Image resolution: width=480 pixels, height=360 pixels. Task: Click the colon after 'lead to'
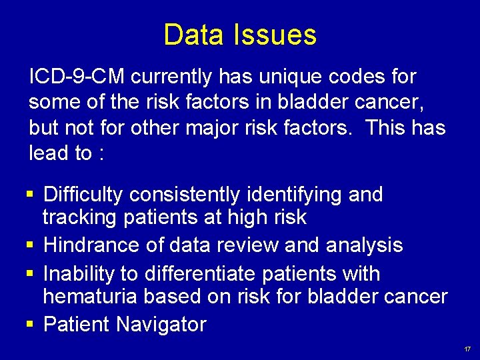[101, 154]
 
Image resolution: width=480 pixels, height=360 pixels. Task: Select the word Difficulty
[84, 195]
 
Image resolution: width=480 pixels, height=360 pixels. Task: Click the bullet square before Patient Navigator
[29, 325]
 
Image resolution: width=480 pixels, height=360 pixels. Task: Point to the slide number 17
[467, 349]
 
